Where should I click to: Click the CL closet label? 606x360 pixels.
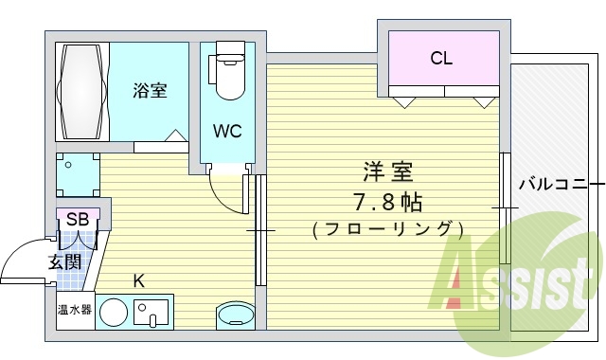point(441,58)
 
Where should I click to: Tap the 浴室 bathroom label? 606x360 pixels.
point(150,91)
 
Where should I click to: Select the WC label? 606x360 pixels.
point(227,131)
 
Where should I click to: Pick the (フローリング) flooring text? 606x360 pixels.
point(386,229)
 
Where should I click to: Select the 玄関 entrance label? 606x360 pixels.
point(65,261)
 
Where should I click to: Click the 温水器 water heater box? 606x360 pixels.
point(74,310)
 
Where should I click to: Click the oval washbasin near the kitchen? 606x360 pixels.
point(234,315)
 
